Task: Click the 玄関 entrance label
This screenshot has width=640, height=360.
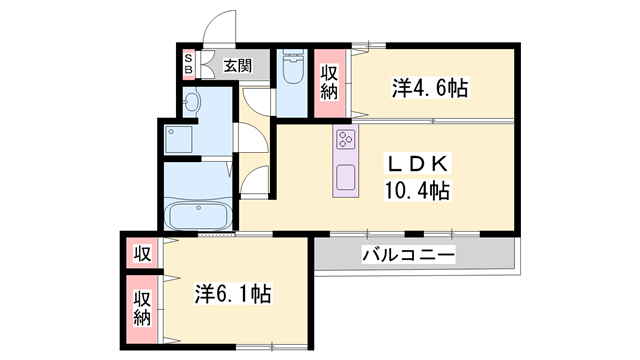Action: (x=237, y=66)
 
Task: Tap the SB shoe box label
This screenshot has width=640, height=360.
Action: (x=187, y=66)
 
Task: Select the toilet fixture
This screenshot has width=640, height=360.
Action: (x=294, y=68)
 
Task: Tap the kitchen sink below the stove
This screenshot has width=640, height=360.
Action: (x=346, y=177)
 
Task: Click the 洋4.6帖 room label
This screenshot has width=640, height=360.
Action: (x=429, y=88)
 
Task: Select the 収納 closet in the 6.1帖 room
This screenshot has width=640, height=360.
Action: (x=142, y=308)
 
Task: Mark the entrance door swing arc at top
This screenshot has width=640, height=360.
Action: (x=218, y=28)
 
